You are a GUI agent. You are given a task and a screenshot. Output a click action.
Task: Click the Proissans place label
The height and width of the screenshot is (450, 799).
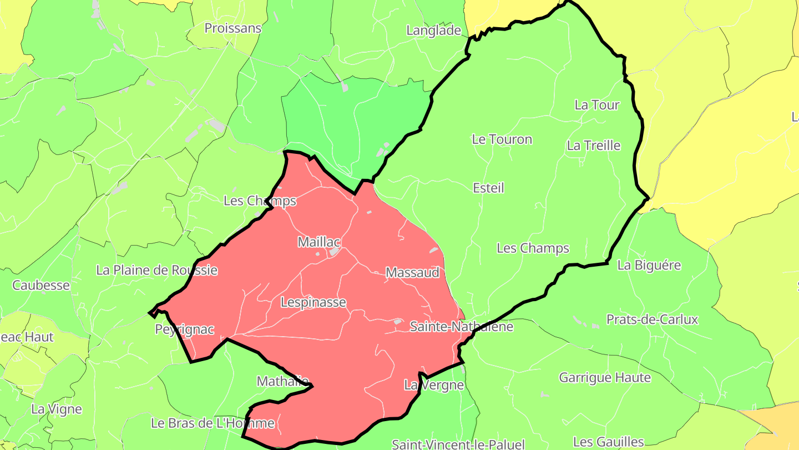[x=232, y=28]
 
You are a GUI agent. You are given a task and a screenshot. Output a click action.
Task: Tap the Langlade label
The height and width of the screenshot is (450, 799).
[x=433, y=31]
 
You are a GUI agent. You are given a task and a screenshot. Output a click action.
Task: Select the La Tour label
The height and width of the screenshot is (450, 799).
[x=596, y=105]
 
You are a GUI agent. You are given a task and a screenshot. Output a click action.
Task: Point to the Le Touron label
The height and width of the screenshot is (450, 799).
[x=502, y=139]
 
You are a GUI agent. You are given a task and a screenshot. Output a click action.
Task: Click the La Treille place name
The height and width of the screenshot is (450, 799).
[x=593, y=146]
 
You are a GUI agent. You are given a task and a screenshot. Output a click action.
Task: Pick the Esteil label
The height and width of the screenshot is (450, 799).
[x=488, y=188]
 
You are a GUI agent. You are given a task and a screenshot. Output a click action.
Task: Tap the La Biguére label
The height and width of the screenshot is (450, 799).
[x=649, y=265]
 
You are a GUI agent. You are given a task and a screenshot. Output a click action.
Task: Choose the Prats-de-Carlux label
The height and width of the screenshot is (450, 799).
[x=652, y=319]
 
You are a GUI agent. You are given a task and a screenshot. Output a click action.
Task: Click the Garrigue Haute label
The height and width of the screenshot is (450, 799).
[x=605, y=378]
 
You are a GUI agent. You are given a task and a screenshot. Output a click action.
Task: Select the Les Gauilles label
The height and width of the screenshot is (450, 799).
[x=608, y=442]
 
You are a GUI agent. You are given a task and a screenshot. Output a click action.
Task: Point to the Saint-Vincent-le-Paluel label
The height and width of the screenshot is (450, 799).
[x=458, y=444]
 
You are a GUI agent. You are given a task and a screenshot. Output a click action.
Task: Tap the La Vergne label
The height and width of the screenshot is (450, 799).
[x=433, y=384]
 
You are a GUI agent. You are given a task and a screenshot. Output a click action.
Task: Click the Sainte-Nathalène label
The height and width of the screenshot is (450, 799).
[x=461, y=326]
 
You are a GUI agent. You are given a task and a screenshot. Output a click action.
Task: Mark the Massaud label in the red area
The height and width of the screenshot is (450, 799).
[x=412, y=273]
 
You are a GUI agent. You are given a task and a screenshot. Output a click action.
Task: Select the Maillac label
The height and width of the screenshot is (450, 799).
[x=318, y=242]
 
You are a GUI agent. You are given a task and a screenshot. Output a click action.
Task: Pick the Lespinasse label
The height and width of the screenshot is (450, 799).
[x=313, y=302]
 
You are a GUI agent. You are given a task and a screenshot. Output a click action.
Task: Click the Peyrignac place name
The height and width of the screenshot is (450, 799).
[x=184, y=329]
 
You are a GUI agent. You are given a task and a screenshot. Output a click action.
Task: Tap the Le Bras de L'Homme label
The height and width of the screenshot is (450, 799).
[x=213, y=423]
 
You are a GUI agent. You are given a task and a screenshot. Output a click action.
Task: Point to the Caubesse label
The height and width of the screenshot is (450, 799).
[x=41, y=286]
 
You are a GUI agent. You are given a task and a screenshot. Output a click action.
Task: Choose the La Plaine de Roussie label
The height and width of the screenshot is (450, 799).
[x=156, y=271]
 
